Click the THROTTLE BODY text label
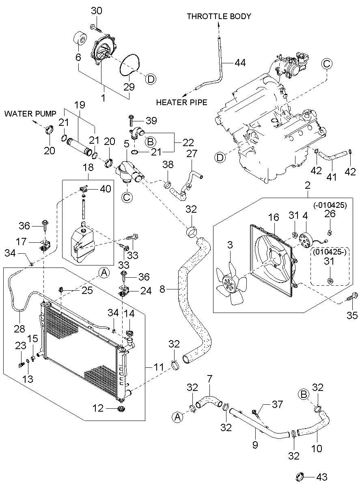coord(219,16)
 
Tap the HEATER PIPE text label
coord(182,102)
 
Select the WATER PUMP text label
coord(30,114)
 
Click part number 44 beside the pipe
coord(240,63)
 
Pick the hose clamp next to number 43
coord(300,483)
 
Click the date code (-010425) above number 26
coord(330,205)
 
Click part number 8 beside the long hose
coord(162,289)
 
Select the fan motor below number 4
coord(306,240)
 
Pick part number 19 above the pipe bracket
coord(80,105)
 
